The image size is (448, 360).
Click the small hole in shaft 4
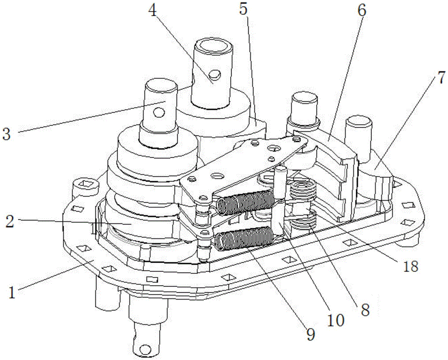(x=216, y=75)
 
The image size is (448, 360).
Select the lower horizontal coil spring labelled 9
(x=242, y=238)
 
